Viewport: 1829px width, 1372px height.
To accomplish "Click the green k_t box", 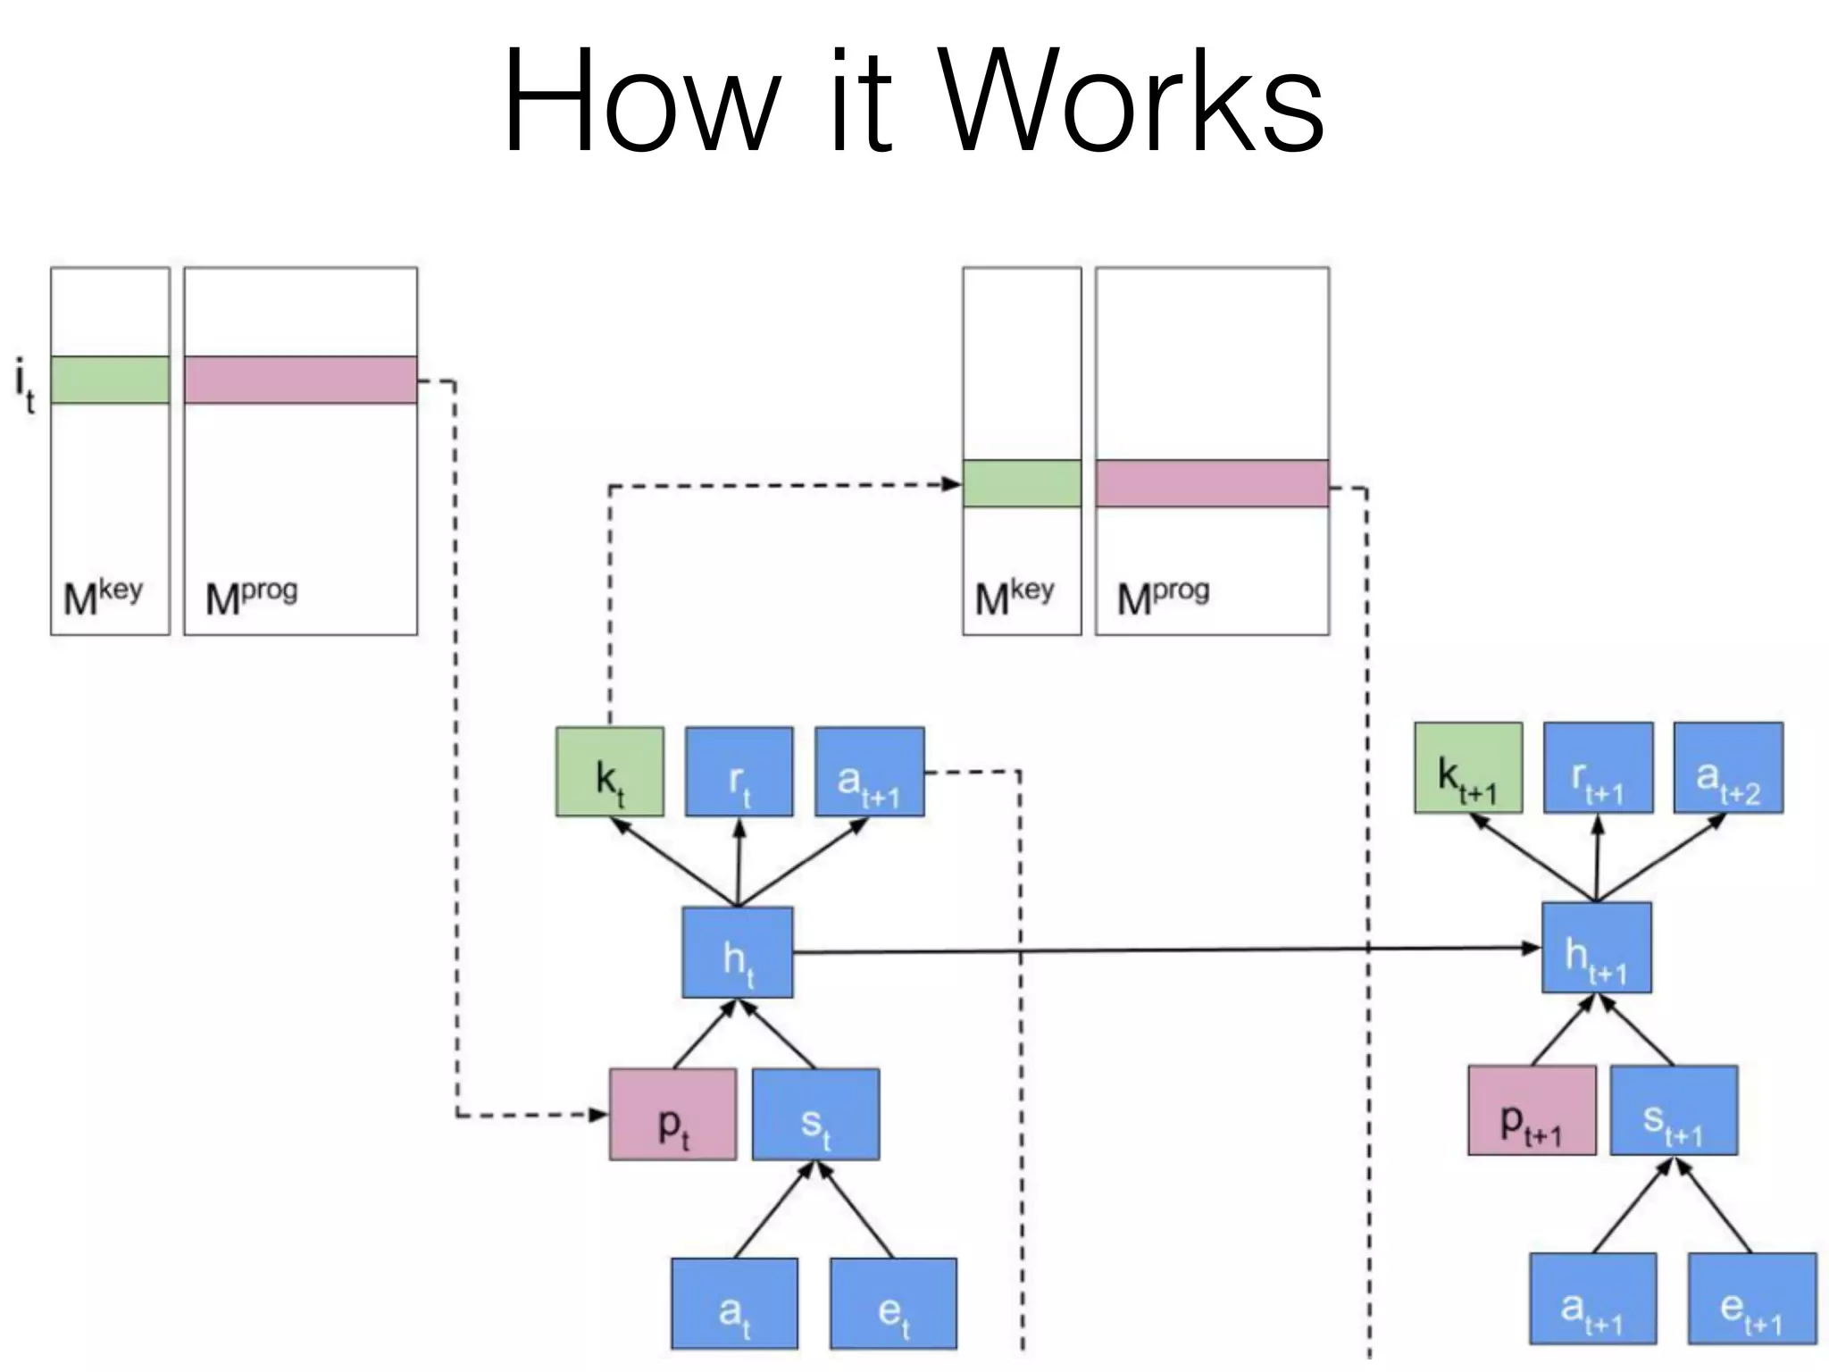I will tap(609, 772).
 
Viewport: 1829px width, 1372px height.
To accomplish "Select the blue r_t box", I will tap(739, 772).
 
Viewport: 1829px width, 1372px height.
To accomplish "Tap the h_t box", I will tap(737, 952).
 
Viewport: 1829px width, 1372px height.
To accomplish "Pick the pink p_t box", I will tap(672, 1115).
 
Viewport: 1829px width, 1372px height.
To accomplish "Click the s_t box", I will tap(815, 1115).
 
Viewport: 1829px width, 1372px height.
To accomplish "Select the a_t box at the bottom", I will tap(734, 1303).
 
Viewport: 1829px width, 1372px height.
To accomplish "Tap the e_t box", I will tap(893, 1303).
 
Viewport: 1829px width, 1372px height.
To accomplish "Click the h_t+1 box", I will tap(1596, 948).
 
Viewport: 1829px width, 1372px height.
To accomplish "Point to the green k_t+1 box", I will tap(1468, 768).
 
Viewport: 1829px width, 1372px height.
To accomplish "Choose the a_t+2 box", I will tap(1728, 768).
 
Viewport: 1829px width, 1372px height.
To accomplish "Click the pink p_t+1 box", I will tap(1532, 1110).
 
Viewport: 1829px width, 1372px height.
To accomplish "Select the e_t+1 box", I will tap(1751, 1298).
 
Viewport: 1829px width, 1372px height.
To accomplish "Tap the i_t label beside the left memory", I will tap(26, 384).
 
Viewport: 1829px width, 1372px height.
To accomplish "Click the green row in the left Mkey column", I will tap(110, 380).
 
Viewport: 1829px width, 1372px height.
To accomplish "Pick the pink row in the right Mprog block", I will tap(1212, 483).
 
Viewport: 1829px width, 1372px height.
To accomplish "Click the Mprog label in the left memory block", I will tap(251, 597).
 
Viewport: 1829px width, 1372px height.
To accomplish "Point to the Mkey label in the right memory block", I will tap(1014, 597).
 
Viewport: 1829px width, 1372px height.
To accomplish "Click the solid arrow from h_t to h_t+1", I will tap(1161, 950).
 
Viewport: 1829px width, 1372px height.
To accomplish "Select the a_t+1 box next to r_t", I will tap(869, 772).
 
